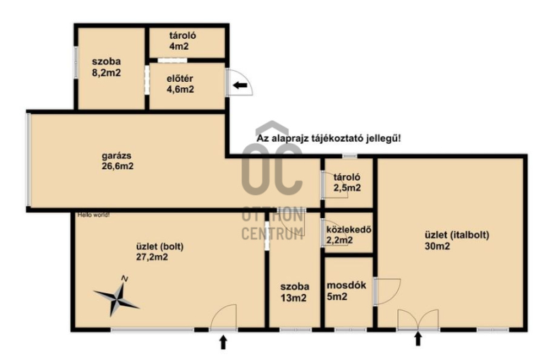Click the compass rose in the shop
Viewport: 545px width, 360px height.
117,299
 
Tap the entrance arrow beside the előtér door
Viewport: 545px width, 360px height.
240,85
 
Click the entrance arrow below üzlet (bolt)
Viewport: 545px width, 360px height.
223,342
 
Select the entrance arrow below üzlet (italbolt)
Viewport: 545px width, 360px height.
418,339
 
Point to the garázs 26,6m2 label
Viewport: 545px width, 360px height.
117,161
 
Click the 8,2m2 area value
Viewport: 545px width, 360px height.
106,73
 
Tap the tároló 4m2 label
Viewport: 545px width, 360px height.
183,40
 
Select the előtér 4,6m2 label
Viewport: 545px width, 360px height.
180,84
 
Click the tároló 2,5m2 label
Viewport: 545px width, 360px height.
347,182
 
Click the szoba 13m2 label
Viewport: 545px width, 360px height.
295,292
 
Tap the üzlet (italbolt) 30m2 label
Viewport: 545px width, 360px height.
456,241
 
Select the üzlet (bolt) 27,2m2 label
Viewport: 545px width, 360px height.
159,252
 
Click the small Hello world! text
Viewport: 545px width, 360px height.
93,215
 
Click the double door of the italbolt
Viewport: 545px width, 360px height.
418,319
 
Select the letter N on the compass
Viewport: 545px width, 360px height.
125,279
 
